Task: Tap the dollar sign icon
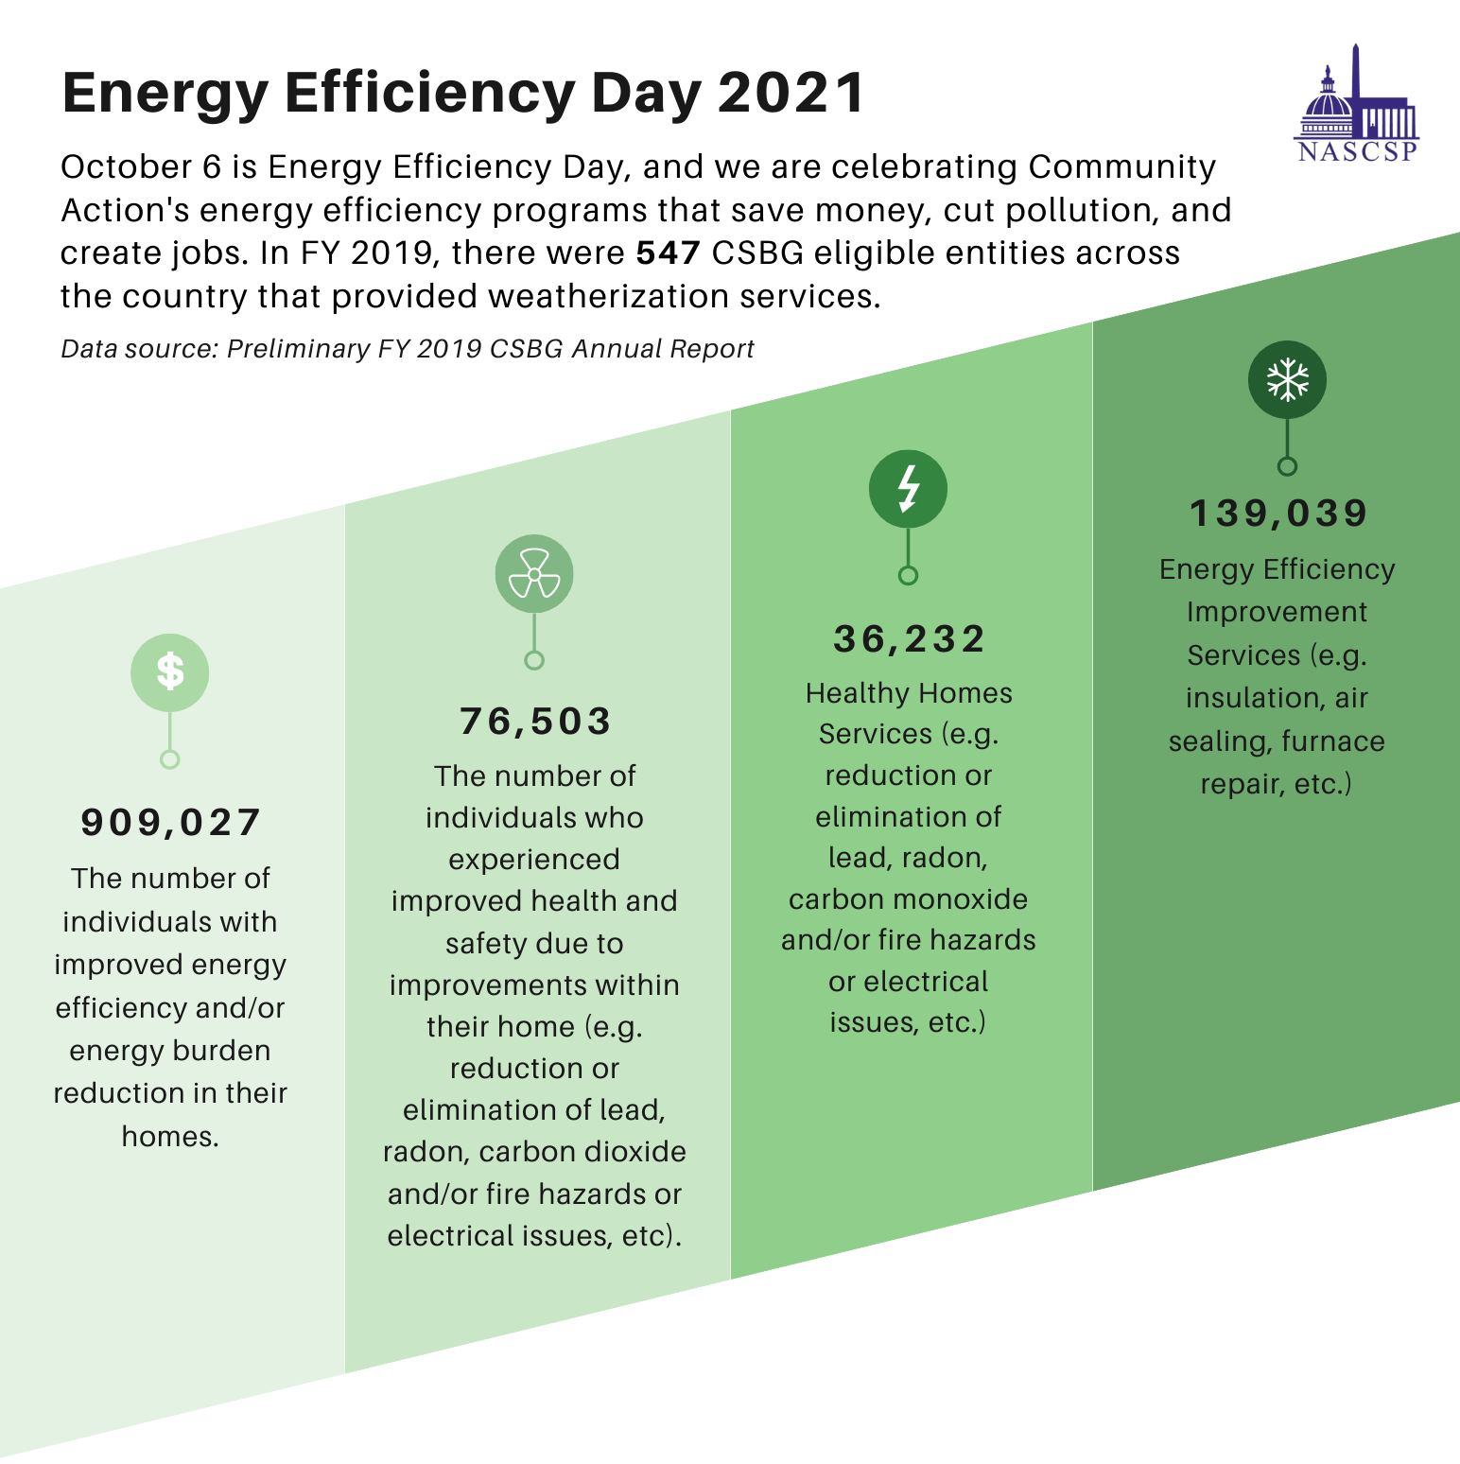170,672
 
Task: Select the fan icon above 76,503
534,574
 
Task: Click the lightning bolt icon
908,488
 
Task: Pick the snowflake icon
1287,379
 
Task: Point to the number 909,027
170,823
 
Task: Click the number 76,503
535,722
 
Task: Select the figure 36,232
909,639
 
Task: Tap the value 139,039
1278,514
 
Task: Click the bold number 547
668,253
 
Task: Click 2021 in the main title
791,93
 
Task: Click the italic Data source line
407,349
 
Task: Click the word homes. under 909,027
170,1136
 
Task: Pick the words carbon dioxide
582,1152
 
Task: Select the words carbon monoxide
908,898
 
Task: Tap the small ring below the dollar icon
170,758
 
